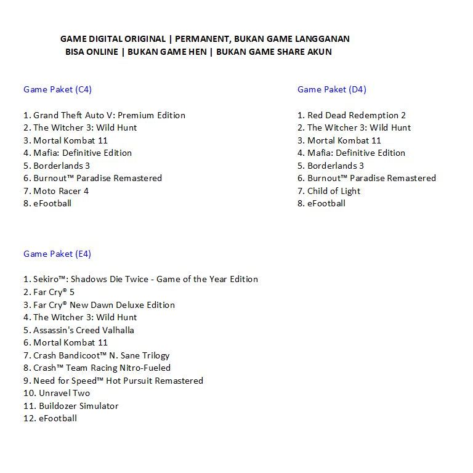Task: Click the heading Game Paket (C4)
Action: tap(57, 89)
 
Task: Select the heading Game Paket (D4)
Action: tap(331, 89)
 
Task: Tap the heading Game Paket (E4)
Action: tap(57, 254)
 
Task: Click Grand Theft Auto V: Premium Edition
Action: tap(109, 115)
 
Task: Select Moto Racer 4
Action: tap(60, 191)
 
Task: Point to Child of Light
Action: tap(333, 191)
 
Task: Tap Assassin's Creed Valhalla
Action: tap(83, 330)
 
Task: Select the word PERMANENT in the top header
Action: tap(201, 39)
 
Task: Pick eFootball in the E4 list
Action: tap(57, 418)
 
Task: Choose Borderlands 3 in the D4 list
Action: tap(335, 166)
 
